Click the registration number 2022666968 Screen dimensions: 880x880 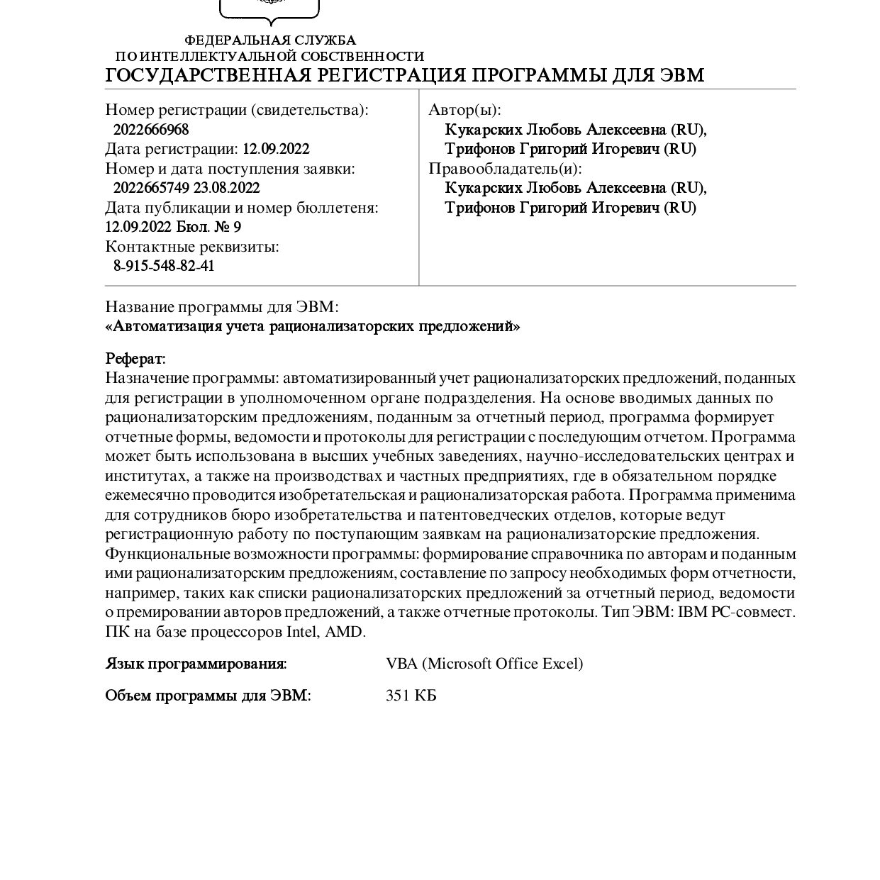(151, 130)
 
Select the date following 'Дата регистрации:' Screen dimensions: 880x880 (276, 149)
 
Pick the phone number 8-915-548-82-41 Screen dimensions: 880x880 (164, 266)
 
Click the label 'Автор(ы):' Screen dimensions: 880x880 (464, 110)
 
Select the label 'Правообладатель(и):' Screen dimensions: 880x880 (505, 169)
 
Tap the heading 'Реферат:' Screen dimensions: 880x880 (135, 358)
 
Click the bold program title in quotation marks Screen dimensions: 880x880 (313, 327)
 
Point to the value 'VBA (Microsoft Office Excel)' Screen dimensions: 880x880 (484, 664)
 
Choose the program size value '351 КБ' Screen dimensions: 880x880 (411, 696)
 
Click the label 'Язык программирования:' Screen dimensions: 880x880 (196, 664)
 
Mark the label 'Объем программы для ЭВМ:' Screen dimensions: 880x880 (208, 696)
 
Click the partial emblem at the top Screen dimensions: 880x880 (269, 9)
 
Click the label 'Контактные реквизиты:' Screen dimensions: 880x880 (192, 247)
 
